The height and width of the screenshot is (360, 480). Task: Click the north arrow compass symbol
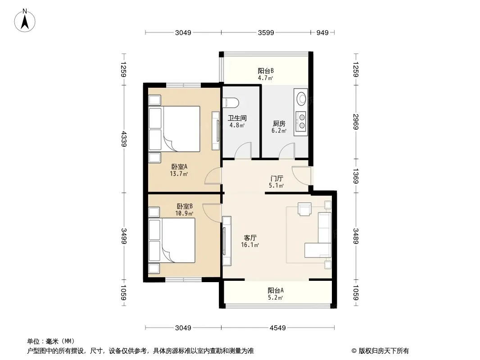click(x=24, y=20)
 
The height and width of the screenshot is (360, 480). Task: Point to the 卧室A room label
click(x=179, y=166)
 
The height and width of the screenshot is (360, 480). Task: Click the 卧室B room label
click(x=185, y=207)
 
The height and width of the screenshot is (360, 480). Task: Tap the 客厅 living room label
click(x=250, y=238)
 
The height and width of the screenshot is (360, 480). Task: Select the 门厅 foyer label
click(x=276, y=178)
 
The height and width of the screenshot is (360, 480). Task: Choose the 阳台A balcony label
click(x=276, y=290)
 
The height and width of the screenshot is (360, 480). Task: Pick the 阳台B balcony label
click(x=266, y=71)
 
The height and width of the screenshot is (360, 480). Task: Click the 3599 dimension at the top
click(x=266, y=33)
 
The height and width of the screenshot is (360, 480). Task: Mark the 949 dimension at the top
click(x=322, y=33)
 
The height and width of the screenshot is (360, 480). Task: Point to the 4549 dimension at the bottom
click(x=277, y=328)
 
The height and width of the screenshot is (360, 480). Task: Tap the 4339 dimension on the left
click(x=124, y=139)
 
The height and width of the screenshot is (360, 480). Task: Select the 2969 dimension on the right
click(x=355, y=122)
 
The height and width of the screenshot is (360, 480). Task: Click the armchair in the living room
click(x=305, y=209)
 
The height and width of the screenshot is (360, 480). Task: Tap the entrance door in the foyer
click(x=301, y=175)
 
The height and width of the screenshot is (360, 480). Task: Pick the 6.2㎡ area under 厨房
click(x=279, y=131)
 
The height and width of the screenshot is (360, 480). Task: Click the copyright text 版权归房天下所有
click(x=384, y=351)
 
